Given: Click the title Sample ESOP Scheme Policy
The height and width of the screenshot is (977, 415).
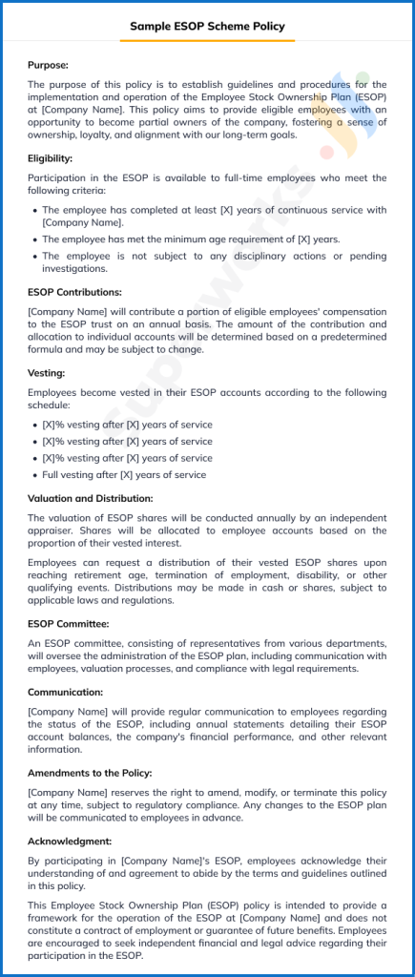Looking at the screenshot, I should coord(207,27).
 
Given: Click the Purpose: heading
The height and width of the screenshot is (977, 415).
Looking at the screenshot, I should coord(48,65).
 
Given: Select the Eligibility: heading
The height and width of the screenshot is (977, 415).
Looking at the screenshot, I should coord(50,158).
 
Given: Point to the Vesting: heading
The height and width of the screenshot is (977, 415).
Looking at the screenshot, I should coord(46,373).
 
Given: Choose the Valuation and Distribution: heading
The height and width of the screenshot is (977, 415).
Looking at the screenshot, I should coord(90,498).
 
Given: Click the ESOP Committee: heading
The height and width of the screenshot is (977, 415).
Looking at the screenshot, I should coord(69,624).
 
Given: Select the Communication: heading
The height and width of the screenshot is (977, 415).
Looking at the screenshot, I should coord(65,692).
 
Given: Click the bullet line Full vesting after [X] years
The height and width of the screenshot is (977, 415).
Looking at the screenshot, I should coord(124,474).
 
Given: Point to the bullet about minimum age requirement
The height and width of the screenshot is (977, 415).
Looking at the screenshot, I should coord(191,239).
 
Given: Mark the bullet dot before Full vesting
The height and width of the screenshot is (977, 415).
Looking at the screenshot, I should coord(35,474).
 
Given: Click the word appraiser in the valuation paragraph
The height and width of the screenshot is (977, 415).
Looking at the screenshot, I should coord(52,530).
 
